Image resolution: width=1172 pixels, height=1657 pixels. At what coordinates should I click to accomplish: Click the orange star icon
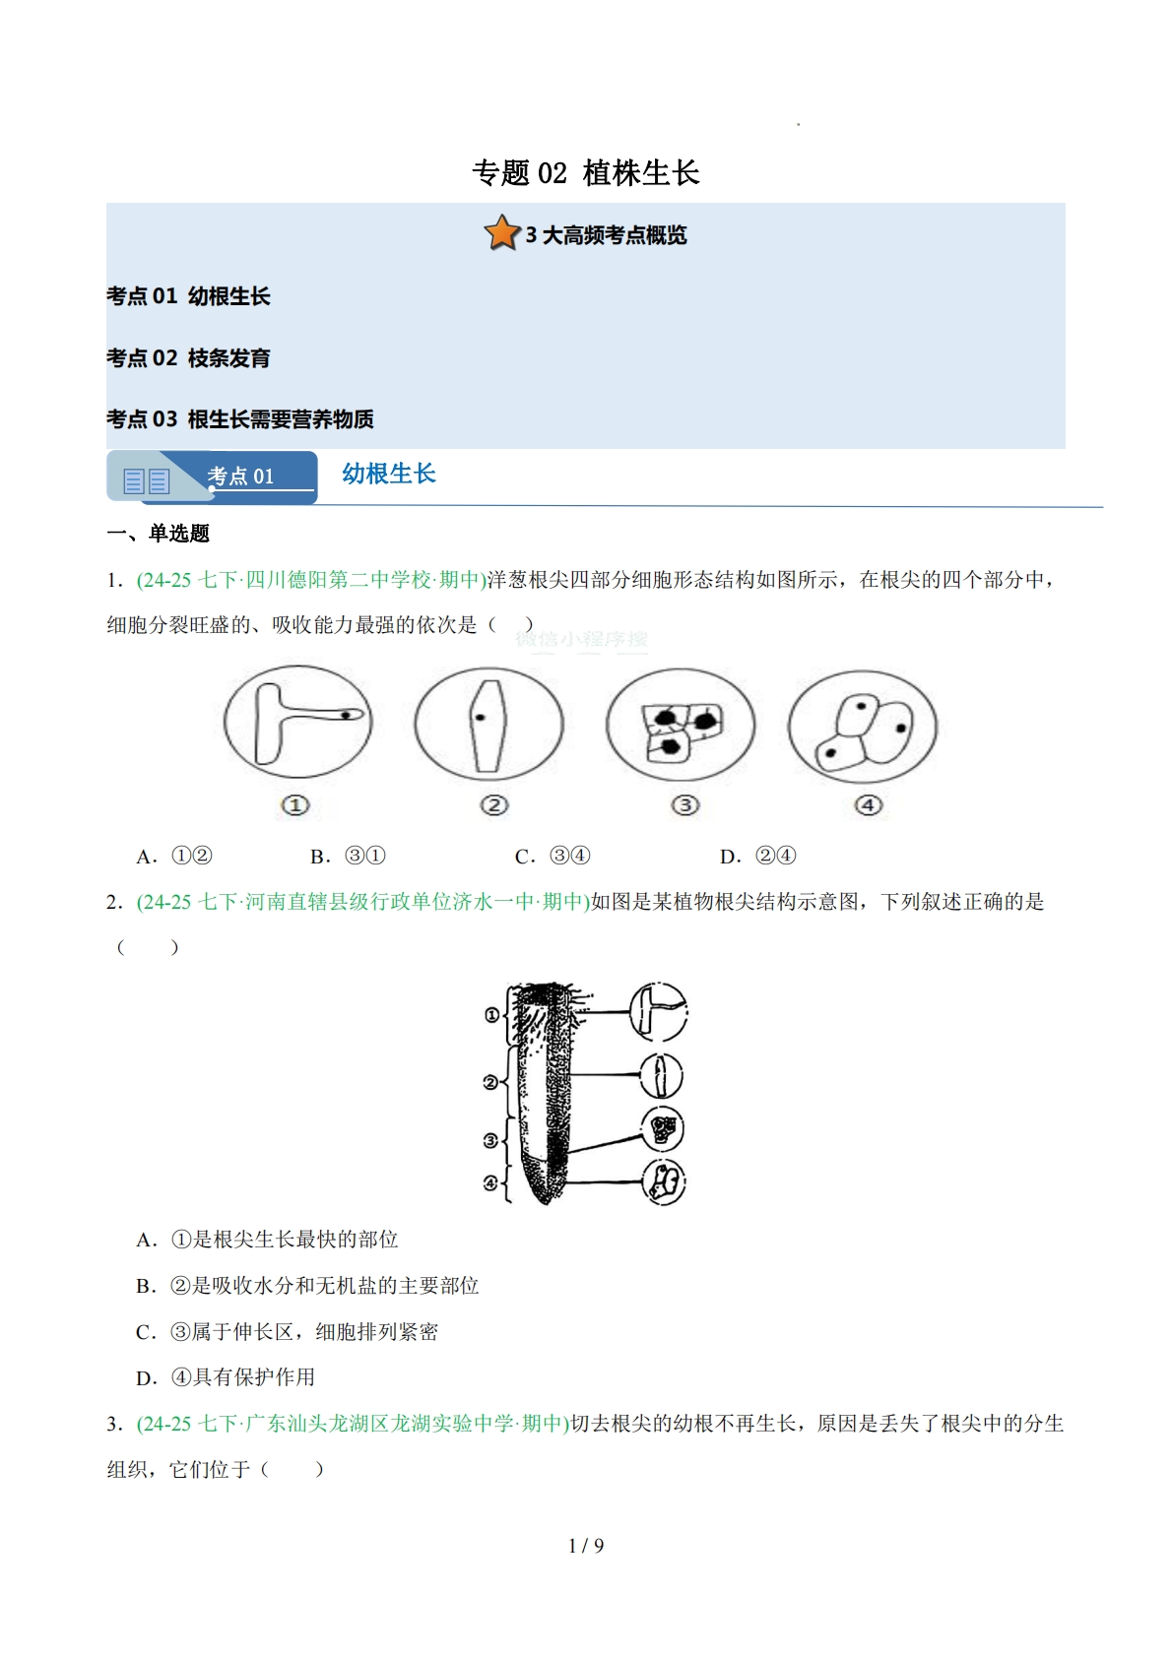tap(501, 233)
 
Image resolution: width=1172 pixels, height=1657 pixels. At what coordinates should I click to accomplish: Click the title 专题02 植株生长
tap(585, 173)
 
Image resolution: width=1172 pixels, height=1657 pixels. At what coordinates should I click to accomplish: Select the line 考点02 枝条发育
tap(188, 358)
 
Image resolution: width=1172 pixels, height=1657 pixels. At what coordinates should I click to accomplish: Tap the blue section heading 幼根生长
tap(388, 474)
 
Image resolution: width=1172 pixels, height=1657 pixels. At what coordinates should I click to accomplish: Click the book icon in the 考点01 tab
tap(147, 480)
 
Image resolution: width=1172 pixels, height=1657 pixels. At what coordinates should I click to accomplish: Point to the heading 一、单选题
tap(159, 534)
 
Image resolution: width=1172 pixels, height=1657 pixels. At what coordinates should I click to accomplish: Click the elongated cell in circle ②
tap(488, 726)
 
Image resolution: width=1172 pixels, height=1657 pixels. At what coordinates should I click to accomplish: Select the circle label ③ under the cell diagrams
tap(684, 805)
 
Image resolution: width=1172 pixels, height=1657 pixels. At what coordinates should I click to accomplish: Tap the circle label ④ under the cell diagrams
tap(868, 805)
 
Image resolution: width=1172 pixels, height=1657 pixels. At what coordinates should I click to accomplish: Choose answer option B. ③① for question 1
tap(348, 857)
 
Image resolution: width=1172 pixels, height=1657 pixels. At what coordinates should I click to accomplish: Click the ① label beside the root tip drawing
tap(491, 1015)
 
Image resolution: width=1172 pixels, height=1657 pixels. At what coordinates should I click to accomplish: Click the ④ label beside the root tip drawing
tap(490, 1182)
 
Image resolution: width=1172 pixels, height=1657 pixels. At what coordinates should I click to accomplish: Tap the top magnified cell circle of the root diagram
tap(658, 1012)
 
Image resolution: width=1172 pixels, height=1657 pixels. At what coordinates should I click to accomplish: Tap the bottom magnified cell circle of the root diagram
tap(664, 1181)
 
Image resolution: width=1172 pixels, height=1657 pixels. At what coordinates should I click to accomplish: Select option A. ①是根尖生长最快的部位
tap(267, 1240)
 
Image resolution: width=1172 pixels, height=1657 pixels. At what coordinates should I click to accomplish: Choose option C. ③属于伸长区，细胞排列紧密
tap(287, 1332)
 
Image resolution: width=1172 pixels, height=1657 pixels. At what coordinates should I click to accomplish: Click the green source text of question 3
tap(353, 1424)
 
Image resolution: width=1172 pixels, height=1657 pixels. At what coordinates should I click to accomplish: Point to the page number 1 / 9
tap(586, 1546)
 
